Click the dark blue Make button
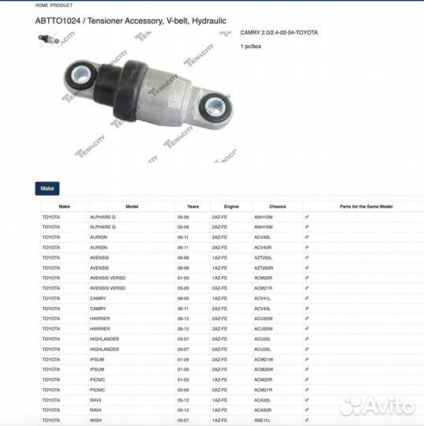(47, 189)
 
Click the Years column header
(182, 206)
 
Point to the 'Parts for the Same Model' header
(366, 206)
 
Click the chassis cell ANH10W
(263, 216)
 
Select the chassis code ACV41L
(262, 298)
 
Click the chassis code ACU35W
(263, 328)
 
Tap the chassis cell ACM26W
(263, 369)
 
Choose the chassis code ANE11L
(262, 420)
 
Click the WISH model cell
(96, 420)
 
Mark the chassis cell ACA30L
(262, 400)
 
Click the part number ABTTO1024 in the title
(56, 21)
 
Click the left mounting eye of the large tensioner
(81, 77)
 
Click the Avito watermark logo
(377, 406)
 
